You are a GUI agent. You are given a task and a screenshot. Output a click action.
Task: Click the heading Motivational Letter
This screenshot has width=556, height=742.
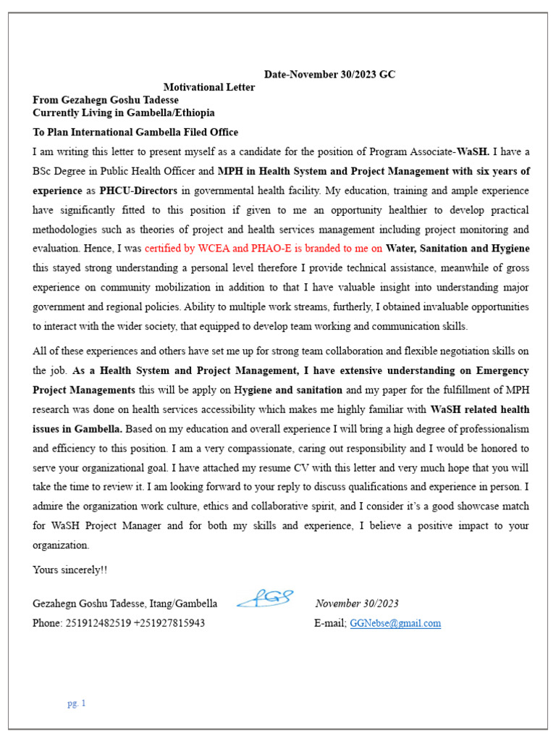(x=208, y=87)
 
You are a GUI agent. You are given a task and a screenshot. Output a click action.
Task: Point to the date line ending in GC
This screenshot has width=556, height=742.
(x=329, y=75)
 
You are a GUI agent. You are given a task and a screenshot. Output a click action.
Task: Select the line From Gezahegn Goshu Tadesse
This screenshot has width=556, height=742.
(x=106, y=100)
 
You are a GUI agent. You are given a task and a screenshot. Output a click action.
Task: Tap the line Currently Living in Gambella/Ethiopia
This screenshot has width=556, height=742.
(x=123, y=113)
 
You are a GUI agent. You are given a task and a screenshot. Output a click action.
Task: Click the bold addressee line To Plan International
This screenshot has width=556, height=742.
(x=135, y=132)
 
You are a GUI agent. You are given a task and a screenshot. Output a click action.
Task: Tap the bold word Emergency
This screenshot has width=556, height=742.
(x=500, y=370)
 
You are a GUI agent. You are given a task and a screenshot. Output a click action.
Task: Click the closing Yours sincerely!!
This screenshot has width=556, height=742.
(x=69, y=570)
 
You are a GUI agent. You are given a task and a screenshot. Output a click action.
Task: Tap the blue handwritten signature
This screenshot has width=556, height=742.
(x=264, y=599)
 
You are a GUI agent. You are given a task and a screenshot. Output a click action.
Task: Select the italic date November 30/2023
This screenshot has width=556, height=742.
(x=357, y=604)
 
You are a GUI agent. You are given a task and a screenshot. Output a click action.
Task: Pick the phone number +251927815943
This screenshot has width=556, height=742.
(x=169, y=623)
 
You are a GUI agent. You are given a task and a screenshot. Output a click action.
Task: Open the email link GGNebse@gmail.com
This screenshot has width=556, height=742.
(x=395, y=623)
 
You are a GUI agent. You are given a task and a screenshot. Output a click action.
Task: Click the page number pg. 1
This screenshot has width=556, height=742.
(x=77, y=703)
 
